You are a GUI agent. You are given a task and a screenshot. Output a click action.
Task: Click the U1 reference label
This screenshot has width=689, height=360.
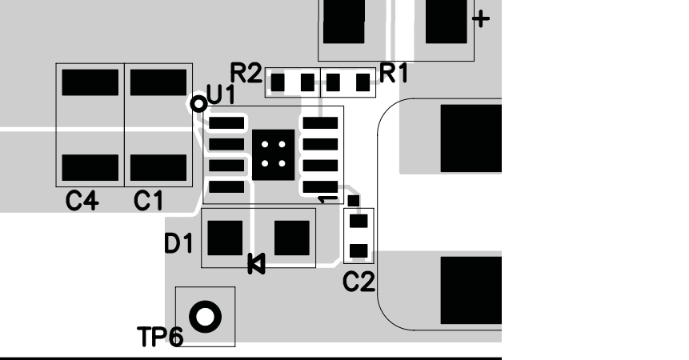[221, 96]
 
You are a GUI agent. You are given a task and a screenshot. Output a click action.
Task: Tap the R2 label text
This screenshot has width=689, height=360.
[246, 74]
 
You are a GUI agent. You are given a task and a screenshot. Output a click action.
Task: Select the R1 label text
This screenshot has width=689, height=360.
[393, 74]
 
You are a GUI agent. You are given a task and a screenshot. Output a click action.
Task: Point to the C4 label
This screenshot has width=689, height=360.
[82, 202]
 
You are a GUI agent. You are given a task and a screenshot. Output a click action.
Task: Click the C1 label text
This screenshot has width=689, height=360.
[148, 202]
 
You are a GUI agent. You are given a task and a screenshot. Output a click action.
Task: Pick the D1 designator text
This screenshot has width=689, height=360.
[178, 243]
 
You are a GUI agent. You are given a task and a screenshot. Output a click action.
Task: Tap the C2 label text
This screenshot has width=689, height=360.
[359, 281]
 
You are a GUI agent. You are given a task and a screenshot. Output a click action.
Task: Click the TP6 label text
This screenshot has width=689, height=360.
[159, 337]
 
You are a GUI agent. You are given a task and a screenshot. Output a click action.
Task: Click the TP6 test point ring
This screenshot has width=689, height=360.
[206, 316]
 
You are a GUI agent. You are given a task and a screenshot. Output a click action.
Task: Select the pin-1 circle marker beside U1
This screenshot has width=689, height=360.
[198, 103]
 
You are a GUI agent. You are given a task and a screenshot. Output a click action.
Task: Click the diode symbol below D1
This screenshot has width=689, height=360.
[256, 263]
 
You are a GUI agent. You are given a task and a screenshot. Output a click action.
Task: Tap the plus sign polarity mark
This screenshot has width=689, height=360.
[481, 19]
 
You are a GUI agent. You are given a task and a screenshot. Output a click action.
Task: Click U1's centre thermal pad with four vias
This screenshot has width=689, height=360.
[274, 154]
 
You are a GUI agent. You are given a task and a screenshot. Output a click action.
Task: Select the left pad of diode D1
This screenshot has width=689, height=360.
[225, 237]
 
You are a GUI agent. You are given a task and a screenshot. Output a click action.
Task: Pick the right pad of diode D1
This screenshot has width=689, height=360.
[291, 237]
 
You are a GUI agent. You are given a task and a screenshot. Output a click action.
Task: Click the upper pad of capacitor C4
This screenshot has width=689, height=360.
[89, 82]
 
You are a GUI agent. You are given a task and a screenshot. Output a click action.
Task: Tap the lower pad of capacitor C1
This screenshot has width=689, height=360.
[157, 167]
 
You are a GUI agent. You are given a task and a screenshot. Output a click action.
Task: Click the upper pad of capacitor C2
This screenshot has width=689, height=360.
[359, 221]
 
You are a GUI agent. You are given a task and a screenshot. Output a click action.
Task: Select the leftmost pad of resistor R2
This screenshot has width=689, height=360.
[278, 82]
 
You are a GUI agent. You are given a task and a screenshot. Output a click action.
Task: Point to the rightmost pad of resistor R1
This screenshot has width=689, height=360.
[364, 82]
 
